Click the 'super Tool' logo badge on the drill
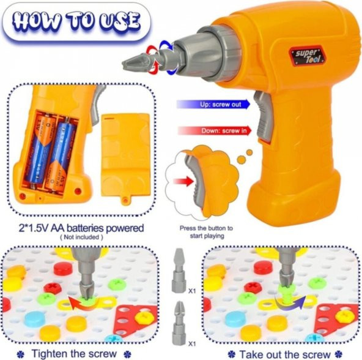point(308,56)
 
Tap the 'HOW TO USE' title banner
point(77,23)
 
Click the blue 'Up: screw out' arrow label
point(213,104)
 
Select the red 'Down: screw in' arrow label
point(215,131)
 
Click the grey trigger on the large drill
point(264,116)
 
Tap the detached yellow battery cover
point(126,158)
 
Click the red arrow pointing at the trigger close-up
point(183,181)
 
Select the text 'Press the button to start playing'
point(207,232)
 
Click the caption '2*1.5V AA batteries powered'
point(81,228)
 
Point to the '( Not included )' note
point(81,237)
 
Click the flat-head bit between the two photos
point(179,270)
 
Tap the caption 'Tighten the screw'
point(74,354)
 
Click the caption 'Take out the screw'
point(284,354)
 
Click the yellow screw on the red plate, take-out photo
point(344,317)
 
